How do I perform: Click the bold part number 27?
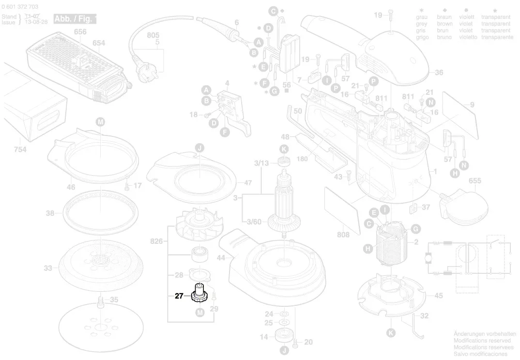point(179,296)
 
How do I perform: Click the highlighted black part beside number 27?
point(198,293)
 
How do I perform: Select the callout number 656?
point(80,32)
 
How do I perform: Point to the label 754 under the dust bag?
point(20,150)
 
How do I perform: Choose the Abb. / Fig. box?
point(75,19)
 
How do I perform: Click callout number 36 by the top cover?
point(439,73)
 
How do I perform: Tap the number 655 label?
point(474,180)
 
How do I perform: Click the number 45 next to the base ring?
point(438,296)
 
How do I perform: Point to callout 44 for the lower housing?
point(221,258)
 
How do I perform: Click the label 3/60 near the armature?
point(254,222)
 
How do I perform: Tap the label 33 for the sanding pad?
point(47,268)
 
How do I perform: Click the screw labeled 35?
point(101,302)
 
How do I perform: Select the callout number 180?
point(302,159)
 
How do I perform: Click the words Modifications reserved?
point(481,341)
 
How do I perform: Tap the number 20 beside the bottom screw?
point(308,342)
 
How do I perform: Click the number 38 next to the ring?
point(49,213)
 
